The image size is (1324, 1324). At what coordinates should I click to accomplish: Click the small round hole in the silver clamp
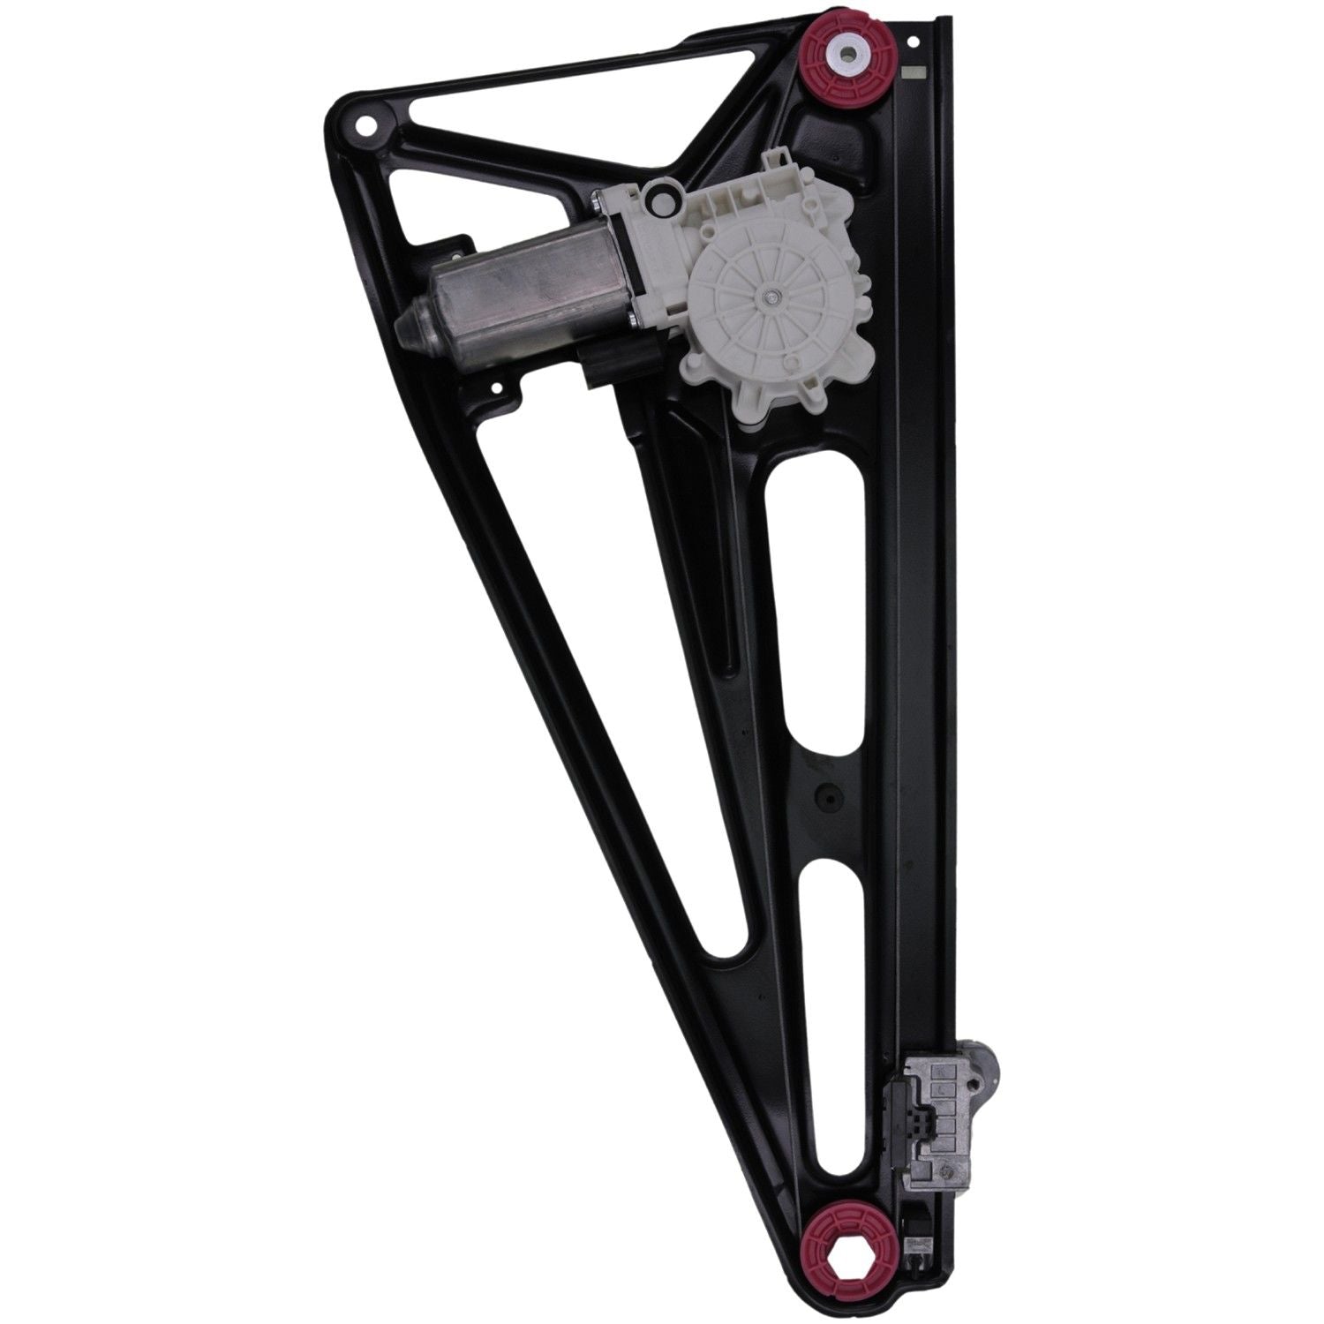pos(951,1170)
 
